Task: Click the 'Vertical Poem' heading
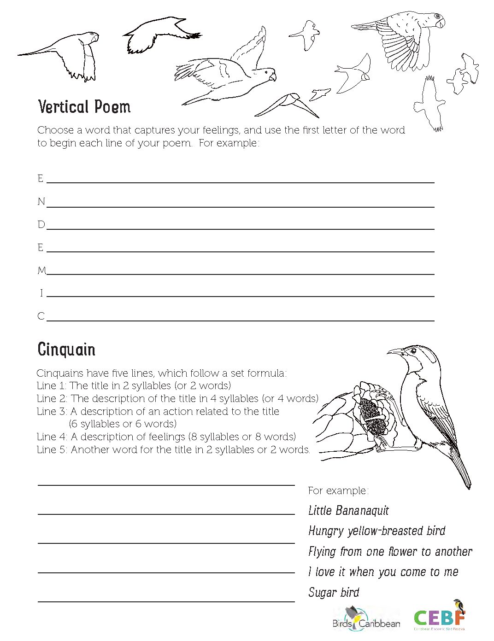(84, 107)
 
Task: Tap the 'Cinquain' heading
(66, 350)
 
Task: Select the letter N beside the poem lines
(41, 202)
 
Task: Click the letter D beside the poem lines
(41, 225)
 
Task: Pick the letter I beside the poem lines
(41, 293)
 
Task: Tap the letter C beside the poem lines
(41, 316)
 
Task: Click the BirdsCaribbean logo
(366, 619)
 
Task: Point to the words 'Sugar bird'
(334, 593)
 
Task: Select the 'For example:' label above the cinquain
(338, 491)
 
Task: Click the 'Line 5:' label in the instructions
(52, 449)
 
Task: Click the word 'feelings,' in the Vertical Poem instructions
(221, 130)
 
